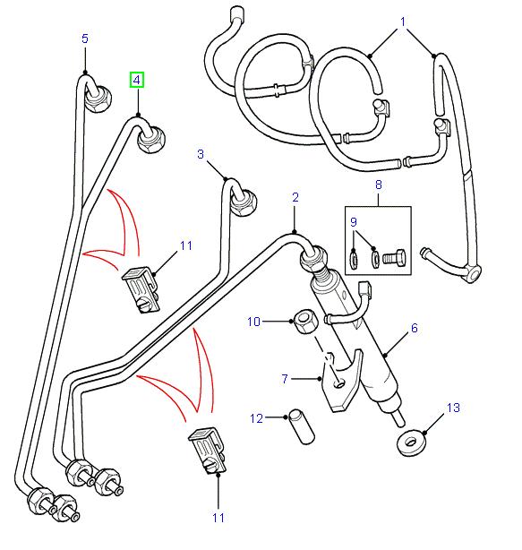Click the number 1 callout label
pyautogui.click(x=403, y=21)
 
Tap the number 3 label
pyautogui.click(x=201, y=154)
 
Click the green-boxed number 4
pyautogui.click(x=137, y=80)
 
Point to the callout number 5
pyautogui.click(x=85, y=39)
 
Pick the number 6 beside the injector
pyautogui.click(x=414, y=329)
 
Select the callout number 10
pyautogui.click(x=253, y=320)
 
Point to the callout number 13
pyautogui.click(x=453, y=408)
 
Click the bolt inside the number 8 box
pyautogui.click(x=395, y=258)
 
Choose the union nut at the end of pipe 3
pyautogui.click(x=243, y=207)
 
